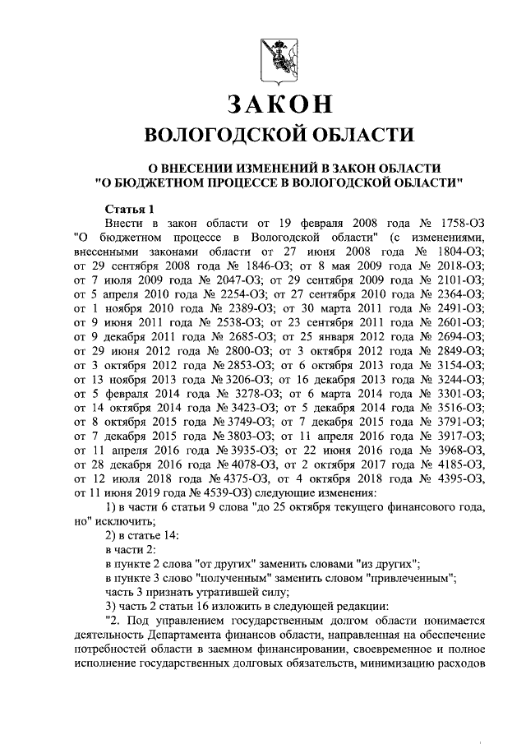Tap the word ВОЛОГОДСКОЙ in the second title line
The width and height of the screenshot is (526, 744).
219,135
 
